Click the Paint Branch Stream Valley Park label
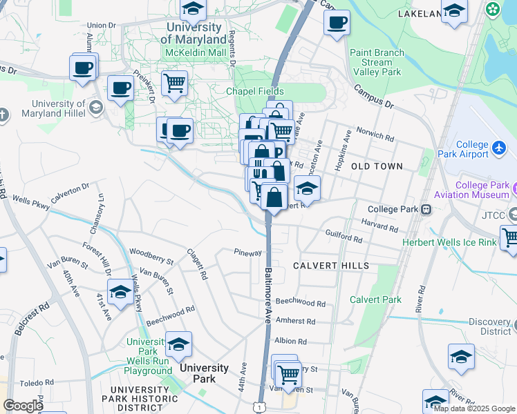point(376,62)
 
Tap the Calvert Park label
point(375,299)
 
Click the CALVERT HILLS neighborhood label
point(330,266)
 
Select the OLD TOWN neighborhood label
point(376,166)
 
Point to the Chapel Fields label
point(252,91)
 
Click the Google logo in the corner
point(23,406)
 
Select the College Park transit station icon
point(427,209)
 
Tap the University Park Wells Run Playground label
point(149,356)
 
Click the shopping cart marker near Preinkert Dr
point(174,83)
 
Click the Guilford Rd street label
point(344,239)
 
